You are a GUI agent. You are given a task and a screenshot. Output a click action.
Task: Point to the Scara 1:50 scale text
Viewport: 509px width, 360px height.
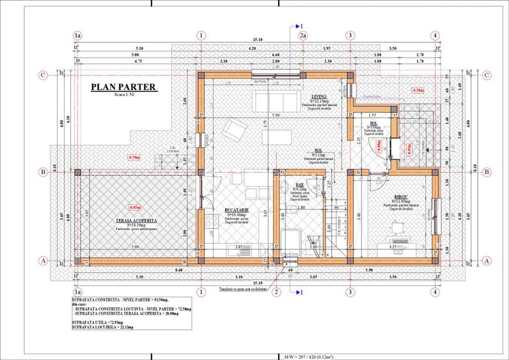pyautogui.click(x=123, y=95)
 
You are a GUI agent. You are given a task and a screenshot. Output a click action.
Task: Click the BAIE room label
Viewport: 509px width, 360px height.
pyautogui.click(x=299, y=184)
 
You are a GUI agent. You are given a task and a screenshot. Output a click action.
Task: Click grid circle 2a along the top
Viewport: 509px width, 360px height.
pyautogui.click(x=302, y=36)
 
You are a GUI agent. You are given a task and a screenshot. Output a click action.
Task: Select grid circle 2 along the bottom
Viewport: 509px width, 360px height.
pyautogui.click(x=276, y=292)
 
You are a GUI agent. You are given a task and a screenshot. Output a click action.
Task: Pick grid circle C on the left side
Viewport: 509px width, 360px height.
pyautogui.click(x=42, y=75)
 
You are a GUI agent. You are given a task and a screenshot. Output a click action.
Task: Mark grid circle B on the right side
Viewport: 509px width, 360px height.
pyautogui.click(x=486, y=171)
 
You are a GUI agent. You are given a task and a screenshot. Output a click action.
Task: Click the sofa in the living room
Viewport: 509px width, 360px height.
pyautogui.click(x=276, y=100)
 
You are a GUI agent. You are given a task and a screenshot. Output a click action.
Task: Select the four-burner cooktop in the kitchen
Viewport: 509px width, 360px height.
pyautogui.click(x=210, y=224)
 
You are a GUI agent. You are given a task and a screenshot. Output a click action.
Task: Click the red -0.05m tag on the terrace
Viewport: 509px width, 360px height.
pyautogui.click(x=134, y=208)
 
